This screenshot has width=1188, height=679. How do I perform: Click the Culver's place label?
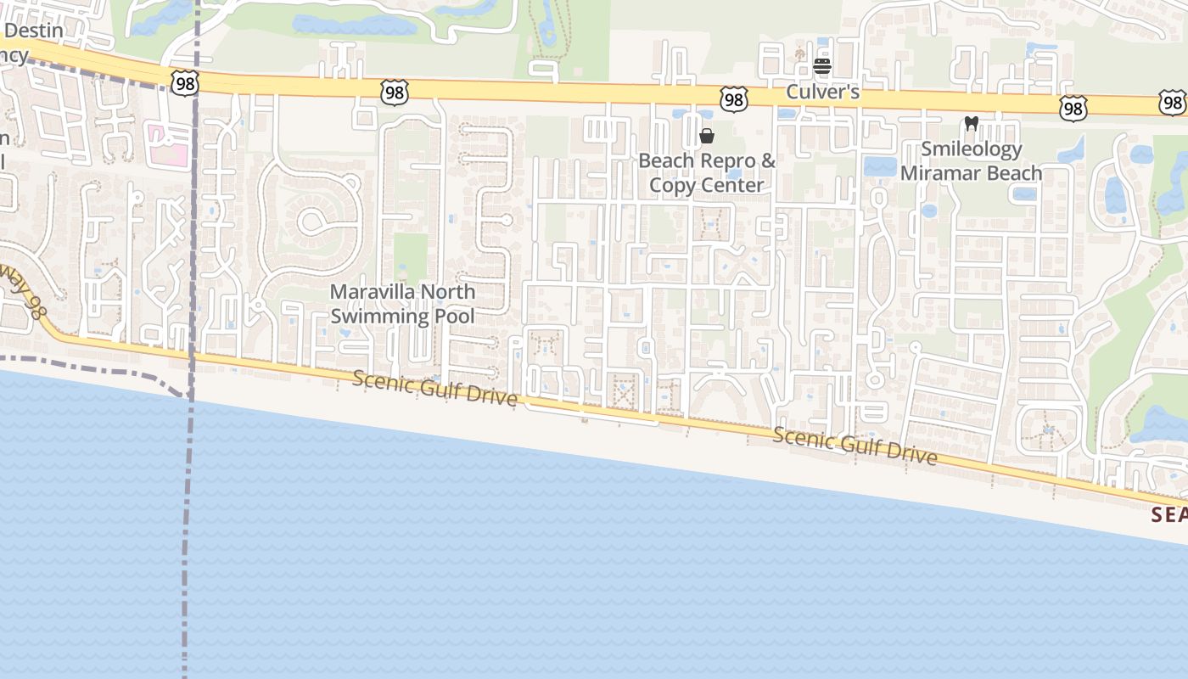point(822,92)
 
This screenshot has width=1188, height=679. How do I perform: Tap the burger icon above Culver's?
point(821,66)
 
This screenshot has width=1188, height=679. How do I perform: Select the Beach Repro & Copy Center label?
point(707,172)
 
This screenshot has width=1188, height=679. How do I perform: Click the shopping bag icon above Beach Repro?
point(706,136)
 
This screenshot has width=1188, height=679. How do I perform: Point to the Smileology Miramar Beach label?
point(971,161)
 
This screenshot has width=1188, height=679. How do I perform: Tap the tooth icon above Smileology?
point(972,124)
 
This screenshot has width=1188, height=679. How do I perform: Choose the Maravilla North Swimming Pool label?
point(402,304)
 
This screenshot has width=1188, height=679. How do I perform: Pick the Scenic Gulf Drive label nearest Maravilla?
point(434,388)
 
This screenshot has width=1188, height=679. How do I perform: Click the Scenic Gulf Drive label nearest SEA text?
point(855,446)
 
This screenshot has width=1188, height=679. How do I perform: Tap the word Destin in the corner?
point(35,31)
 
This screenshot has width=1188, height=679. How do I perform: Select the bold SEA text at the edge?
point(1169,514)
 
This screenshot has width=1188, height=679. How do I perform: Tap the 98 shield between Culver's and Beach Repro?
point(733,99)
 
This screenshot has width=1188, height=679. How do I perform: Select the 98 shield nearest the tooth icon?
point(1073,108)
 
